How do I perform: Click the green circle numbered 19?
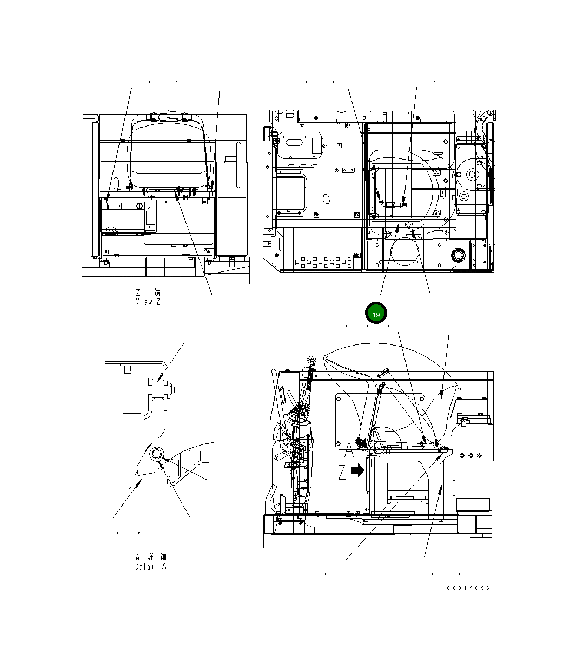(x=376, y=314)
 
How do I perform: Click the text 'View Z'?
(x=148, y=302)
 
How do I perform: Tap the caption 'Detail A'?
(x=151, y=567)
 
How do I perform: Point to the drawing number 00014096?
(x=468, y=588)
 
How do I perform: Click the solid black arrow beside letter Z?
(x=358, y=470)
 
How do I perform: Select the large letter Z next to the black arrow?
(x=342, y=473)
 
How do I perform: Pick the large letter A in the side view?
(x=349, y=449)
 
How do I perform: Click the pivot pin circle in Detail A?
(x=157, y=454)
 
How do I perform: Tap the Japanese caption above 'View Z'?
(x=148, y=292)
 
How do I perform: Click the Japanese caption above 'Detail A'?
(x=151, y=557)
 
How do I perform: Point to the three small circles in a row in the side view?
(x=472, y=456)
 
